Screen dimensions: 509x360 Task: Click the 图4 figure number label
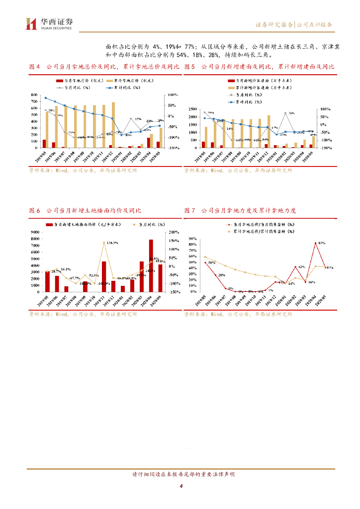coord(34,67)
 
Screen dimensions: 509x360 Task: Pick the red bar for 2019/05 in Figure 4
coord(44,144)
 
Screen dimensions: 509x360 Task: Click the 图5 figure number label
coord(189,67)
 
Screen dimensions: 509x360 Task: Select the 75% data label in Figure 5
coord(291,113)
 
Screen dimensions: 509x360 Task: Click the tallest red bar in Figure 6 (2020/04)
coord(151,265)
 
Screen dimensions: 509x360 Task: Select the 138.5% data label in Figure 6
coord(112,243)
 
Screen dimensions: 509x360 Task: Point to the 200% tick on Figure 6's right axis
coord(174,232)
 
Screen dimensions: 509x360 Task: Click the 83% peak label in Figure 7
coord(321,243)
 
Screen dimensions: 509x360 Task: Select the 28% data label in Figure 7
coord(222,275)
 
